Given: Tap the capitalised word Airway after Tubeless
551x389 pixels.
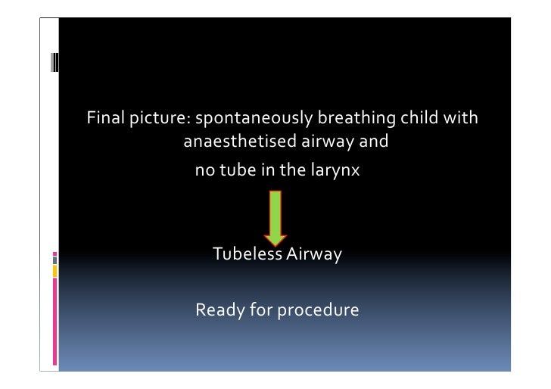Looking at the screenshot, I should tap(313, 254).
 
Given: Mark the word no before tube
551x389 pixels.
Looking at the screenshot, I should tap(205, 171).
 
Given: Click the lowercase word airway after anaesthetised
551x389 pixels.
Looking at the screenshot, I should tap(316, 141).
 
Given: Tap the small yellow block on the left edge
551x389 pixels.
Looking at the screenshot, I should tap(54, 270).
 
